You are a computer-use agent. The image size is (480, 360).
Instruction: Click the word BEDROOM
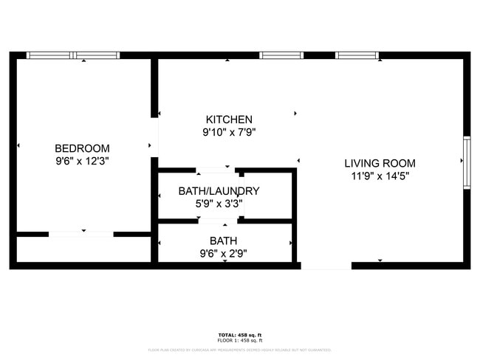pos(82,148)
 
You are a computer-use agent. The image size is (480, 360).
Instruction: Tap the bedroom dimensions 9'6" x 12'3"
pos(82,160)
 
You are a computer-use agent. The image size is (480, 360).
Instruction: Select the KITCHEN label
pos(229,120)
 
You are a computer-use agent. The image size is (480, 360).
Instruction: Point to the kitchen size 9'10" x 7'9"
pos(229,133)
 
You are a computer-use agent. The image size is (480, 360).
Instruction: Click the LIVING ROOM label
pos(380,163)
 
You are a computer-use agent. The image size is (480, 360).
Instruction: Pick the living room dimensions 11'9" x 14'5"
pos(380,176)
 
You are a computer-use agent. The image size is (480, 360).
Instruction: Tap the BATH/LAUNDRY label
pos(219,191)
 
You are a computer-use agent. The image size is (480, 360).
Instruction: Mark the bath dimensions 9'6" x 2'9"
pos(223,253)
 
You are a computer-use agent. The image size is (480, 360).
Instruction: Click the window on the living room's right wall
pos(466,163)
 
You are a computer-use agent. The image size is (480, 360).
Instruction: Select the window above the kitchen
pos(281,55)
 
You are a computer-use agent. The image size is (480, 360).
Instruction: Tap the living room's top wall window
pos(357,55)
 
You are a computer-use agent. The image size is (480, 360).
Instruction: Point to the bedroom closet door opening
pos(81,234)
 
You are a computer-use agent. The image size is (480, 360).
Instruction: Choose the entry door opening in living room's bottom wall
pos(326,266)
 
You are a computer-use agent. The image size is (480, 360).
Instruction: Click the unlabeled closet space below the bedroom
pos(83,249)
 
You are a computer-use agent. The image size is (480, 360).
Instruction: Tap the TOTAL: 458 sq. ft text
pos(239,335)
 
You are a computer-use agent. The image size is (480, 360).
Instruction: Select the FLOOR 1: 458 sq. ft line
pos(239,340)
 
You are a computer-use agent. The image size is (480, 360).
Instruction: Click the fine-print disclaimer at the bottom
pos(239,350)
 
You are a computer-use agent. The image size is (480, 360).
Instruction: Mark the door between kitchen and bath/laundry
pos(216,170)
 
